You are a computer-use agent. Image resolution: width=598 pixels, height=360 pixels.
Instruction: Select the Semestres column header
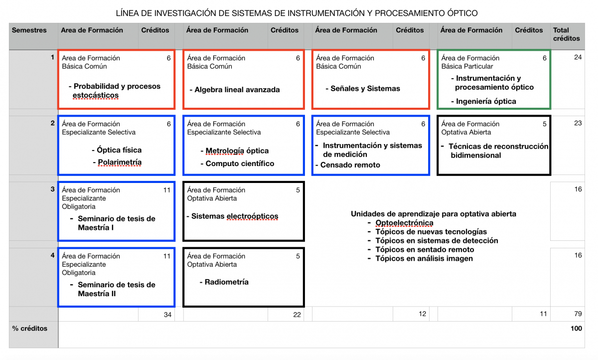29,30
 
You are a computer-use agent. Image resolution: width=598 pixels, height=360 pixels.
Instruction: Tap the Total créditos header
567,34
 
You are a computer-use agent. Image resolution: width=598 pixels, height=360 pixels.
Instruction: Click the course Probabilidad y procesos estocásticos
117,91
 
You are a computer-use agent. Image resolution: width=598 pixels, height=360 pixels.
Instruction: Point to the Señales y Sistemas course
365,89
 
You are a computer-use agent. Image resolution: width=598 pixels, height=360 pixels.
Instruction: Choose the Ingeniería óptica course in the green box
486,101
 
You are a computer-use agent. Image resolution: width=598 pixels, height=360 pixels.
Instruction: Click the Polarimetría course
120,162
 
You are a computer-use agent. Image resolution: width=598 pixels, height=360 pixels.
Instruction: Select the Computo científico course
240,164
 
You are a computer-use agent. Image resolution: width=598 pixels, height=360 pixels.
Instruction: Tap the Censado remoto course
350,165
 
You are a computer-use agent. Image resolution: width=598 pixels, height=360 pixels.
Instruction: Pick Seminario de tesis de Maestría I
117,223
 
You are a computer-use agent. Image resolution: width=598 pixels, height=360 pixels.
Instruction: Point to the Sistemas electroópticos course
235,216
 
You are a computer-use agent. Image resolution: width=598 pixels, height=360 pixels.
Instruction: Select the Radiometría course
227,282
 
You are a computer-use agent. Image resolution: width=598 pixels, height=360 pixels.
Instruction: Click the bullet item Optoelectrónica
404,223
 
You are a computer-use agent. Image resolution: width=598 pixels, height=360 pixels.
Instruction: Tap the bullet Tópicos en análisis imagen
424,258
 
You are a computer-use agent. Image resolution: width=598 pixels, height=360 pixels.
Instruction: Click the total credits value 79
577,314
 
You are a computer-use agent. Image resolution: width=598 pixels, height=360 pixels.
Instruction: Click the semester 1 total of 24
578,57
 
